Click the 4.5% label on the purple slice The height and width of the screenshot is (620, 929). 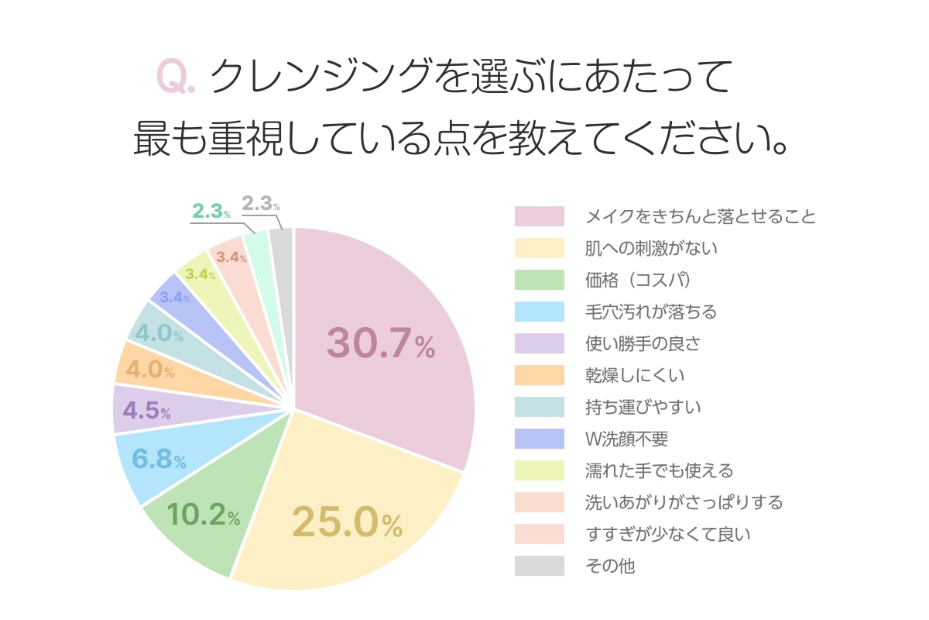(146, 411)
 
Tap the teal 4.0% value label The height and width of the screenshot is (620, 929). (159, 336)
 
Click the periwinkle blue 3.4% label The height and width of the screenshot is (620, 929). (174, 297)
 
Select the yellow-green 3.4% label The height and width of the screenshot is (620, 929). (200, 274)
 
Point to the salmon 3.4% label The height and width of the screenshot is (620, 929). (231, 257)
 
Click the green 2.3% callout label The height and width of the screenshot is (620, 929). (211, 211)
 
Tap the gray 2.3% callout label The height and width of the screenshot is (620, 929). (260, 204)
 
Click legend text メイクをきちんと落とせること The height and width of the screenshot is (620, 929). (701, 216)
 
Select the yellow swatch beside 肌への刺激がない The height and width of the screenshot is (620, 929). (540, 249)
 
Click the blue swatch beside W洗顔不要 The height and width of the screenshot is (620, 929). (540, 439)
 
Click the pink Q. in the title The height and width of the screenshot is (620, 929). (176, 77)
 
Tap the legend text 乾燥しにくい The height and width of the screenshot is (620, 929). (635, 376)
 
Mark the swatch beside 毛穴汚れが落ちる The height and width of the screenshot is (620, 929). (540, 312)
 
